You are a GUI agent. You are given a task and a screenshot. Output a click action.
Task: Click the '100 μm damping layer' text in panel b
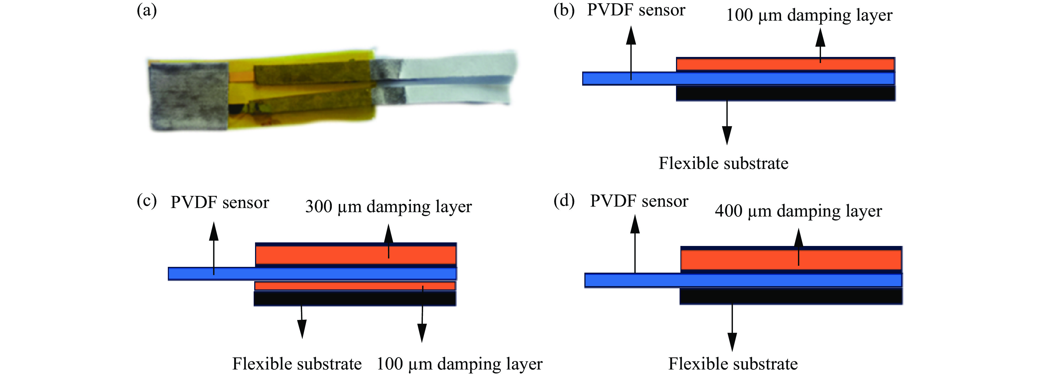(x=809, y=15)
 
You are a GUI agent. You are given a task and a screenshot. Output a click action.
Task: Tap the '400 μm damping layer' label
(x=798, y=211)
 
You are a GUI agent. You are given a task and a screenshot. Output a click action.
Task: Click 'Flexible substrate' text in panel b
(x=723, y=163)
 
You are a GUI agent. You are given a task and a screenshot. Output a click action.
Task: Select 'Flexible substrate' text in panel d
(x=733, y=364)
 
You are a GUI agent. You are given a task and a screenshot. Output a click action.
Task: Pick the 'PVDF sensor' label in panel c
(x=220, y=202)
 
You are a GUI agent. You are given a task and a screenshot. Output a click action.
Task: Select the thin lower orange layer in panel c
(x=354, y=286)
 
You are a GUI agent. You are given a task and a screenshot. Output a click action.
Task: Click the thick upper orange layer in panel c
(x=355, y=255)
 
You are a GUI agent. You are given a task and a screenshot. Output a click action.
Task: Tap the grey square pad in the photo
(x=188, y=96)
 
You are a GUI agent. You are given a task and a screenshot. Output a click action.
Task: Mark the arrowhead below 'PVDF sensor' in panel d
(x=635, y=224)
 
